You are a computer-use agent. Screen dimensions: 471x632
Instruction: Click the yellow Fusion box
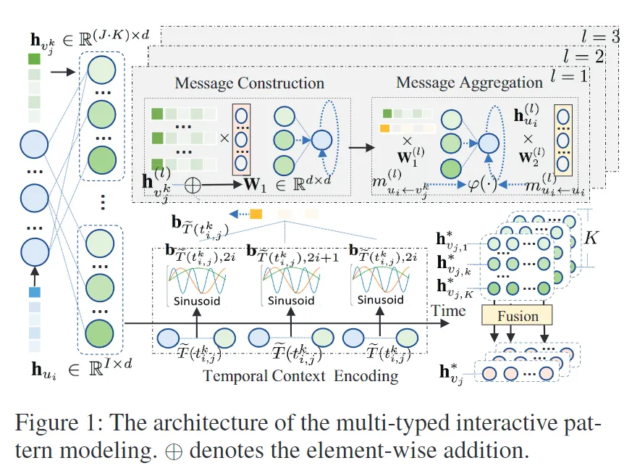[517, 315]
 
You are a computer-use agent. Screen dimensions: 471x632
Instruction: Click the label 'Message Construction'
[249, 84]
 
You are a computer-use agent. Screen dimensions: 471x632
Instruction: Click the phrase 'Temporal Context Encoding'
[300, 375]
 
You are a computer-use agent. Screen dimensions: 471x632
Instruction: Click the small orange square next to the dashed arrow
[256, 214]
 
